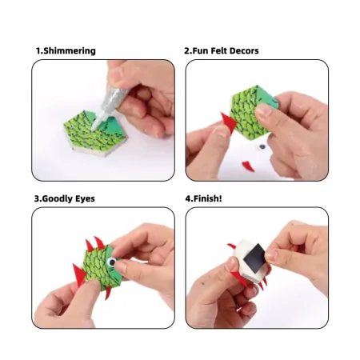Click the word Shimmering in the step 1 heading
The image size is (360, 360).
click(70, 51)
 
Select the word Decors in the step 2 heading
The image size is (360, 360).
click(244, 50)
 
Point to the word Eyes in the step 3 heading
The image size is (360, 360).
click(85, 199)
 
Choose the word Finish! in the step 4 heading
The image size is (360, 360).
click(207, 198)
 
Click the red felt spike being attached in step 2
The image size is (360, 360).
click(229, 122)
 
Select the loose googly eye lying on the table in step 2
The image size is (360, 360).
click(262, 147)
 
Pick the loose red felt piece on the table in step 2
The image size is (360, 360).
click(248, 166)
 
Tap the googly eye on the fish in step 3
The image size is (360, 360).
click(112, 262)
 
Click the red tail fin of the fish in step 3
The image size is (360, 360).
click(79, 275)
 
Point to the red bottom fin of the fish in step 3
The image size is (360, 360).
click(108, 293)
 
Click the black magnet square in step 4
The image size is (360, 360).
click(254, 258)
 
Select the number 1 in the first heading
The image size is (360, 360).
click(38, 50)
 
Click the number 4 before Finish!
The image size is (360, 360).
click(188, 198)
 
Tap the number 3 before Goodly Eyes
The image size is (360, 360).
click(37, 199)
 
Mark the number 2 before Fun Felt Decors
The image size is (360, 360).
click(187, 50)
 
